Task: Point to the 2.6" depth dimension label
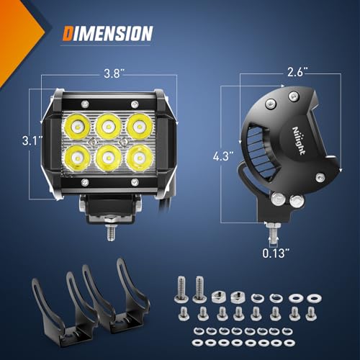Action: (x=295, y=72)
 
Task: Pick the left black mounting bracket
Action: (x=58, y=302)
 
